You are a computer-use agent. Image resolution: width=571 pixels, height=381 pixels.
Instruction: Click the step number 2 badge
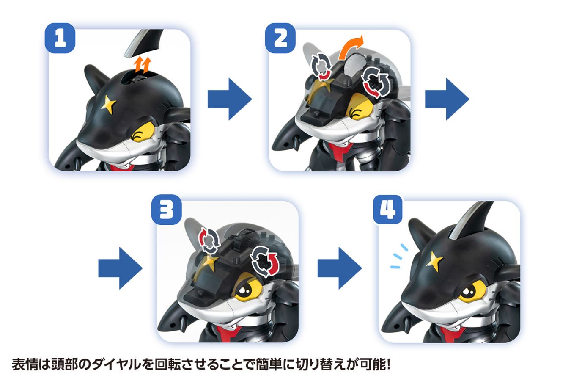coord(280,39)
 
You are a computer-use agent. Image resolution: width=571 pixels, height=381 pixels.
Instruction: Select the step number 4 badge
coord(387,210)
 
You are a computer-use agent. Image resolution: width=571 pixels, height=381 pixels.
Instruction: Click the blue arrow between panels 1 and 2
coord(229,99)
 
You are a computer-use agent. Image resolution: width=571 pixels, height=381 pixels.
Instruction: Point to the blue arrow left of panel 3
coord(120,268)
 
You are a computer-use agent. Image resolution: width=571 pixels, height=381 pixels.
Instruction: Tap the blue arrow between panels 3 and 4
coord(340,268)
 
